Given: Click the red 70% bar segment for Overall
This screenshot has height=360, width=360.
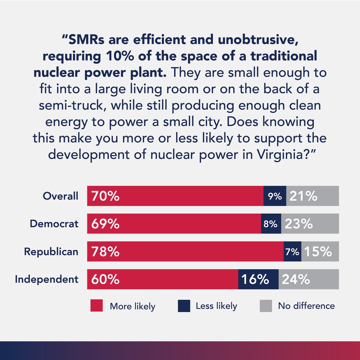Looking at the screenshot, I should [175, 196].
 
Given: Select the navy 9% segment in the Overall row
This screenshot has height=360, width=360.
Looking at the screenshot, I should [275, 196].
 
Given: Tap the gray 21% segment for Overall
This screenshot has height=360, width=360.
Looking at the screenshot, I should [312, 196].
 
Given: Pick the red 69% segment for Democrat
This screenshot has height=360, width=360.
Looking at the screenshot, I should [174, 223].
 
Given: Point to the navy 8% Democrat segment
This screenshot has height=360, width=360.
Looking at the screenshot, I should [271, 223].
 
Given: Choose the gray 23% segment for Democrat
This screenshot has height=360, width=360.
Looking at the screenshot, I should [310, 223].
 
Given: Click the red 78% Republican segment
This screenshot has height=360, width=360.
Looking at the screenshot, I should [185, 251].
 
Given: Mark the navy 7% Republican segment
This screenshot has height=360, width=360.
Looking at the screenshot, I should [292, 251].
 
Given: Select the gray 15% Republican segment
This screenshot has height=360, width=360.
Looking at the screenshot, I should [320, 251].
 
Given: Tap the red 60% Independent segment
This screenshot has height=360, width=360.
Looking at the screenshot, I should [163, 279].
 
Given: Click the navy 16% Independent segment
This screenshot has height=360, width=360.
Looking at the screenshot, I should [258, 279].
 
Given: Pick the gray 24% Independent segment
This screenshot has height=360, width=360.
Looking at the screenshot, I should [309, 279].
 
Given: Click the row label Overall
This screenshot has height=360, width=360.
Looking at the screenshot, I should [60, 196].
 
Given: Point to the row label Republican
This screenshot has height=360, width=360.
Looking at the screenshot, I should [51, 251].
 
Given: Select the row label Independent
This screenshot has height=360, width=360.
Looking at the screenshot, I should [46, 279].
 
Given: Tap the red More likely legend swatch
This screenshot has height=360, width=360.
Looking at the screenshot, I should [97, 306].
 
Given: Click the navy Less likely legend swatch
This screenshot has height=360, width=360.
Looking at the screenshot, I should [184, 306].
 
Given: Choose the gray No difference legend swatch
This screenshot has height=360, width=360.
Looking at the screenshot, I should [266, 306].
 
